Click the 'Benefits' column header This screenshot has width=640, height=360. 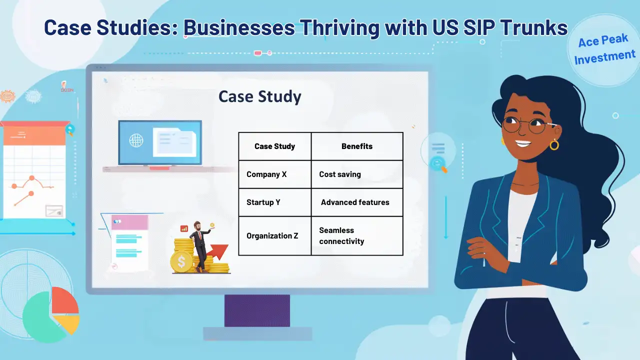(x=356, y=146)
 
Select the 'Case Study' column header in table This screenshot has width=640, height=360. (x=274, y=146)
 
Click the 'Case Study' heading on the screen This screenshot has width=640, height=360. (x=259, y=96)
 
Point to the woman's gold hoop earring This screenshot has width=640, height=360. (x=554, y=145)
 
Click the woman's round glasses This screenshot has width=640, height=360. (x=524, y=125)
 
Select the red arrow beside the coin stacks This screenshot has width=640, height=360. (x=218, y=251)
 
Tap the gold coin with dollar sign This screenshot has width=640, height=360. (x=181, y=261)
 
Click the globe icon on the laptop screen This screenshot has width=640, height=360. (x=136, y=140)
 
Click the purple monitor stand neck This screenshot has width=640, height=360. (x=257, y=310)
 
